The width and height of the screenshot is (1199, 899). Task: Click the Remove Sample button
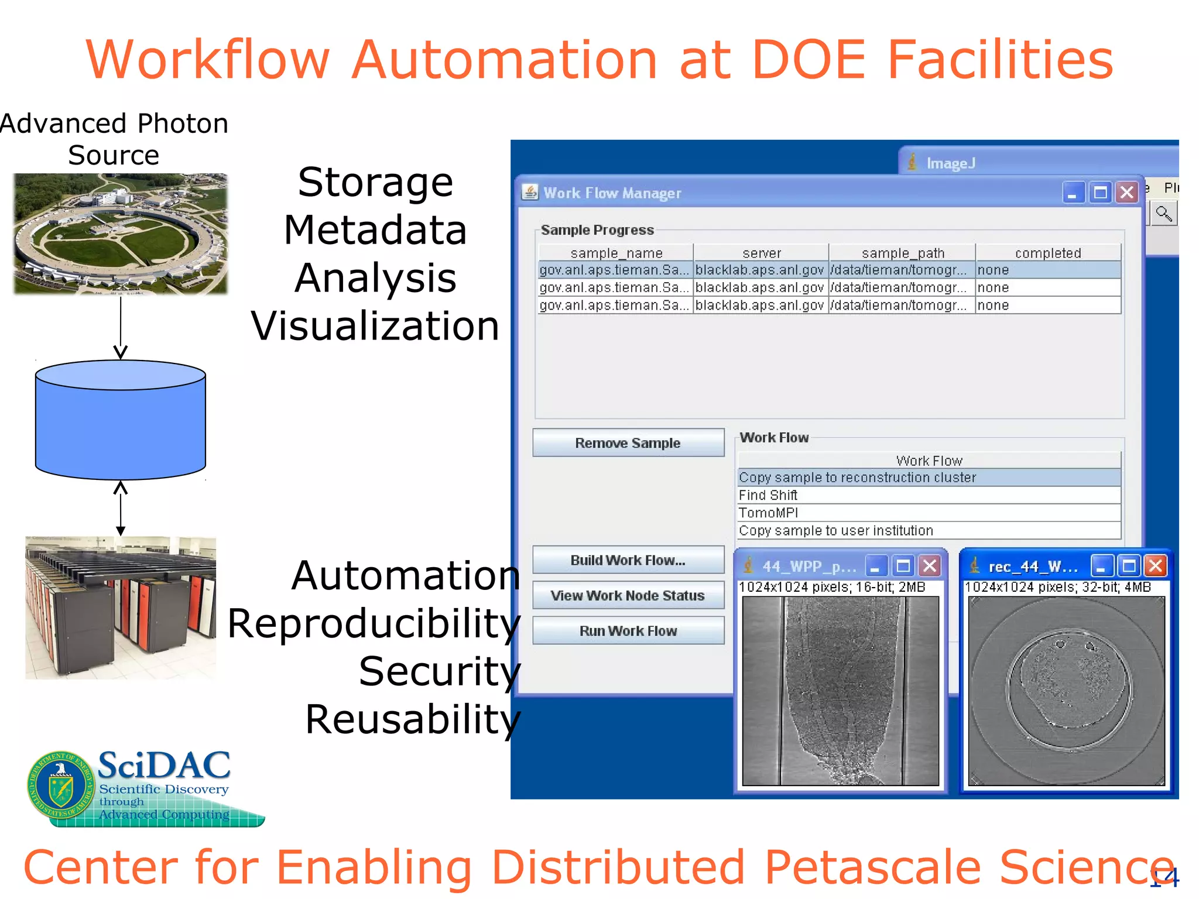tap(628, 443)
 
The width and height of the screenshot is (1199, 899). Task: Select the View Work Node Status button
tap(628, 595)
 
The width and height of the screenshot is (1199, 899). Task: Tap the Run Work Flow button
tap(628, 631)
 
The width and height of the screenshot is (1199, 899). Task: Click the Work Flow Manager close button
tap(1127, 193)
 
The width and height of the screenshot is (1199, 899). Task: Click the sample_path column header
tap(902, 253)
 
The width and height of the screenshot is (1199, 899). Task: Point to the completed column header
tap(1047, 253)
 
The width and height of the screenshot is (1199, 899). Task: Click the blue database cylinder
tap(121, 421)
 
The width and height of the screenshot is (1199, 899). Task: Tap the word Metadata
tap(375, 230)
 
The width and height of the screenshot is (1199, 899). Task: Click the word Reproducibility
tap(374, 623)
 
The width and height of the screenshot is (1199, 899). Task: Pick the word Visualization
tap(375, 325)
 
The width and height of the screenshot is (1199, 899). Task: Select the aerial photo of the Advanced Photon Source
tap(121, 234)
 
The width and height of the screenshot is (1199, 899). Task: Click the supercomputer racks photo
tap(121, 608)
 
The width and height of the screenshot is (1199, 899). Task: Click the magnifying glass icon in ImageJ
tap(1163, 214)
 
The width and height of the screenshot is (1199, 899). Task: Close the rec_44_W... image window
tap(1156, 566)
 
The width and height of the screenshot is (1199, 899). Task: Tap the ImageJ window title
tap(951, 163)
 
